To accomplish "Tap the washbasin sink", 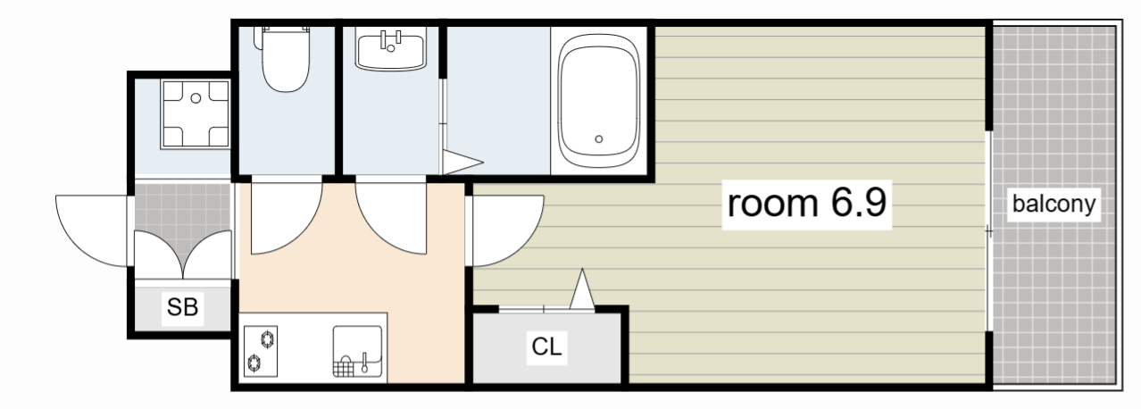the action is coord(391,50).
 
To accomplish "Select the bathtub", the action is coord(598,100).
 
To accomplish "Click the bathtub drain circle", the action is coord(599,138).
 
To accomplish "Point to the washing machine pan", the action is coord(196,114).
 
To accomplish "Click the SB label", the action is coord(182,307).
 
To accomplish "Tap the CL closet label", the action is coord(546,346).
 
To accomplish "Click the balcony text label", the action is coord(1054,204).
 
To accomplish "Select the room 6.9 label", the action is coord(807,204).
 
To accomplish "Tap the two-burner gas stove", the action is coord(261,351).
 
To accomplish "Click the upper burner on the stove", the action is coord(268,338).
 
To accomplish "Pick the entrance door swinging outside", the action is coord(92,230).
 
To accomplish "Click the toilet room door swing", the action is coord(287,218).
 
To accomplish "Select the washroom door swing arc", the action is coord(391,218).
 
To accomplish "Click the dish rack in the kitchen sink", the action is coord(345,367).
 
